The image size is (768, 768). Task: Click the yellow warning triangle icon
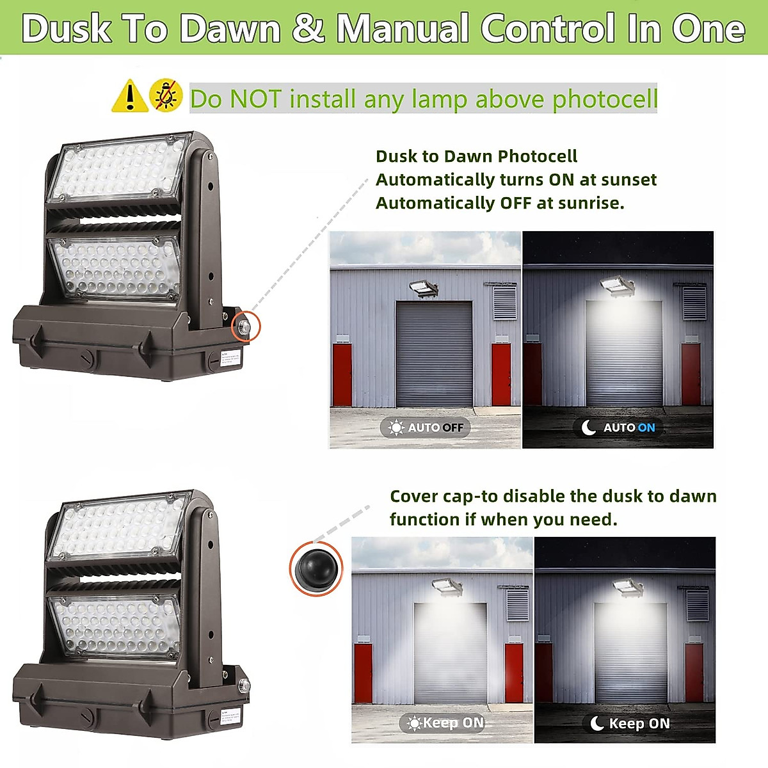[130, 97]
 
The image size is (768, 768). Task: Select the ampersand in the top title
[309, 28]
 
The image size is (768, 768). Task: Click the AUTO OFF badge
[426, 428]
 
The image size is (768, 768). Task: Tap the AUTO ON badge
[618, 428]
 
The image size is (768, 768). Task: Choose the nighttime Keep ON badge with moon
[630, 723]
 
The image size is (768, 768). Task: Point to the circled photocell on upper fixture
[245, 326]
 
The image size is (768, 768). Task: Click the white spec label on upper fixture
[230, 359]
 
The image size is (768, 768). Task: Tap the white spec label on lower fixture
[230, 718]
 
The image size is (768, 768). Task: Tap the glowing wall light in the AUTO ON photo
[617, 285]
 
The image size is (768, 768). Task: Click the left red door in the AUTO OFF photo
[342, 374]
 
